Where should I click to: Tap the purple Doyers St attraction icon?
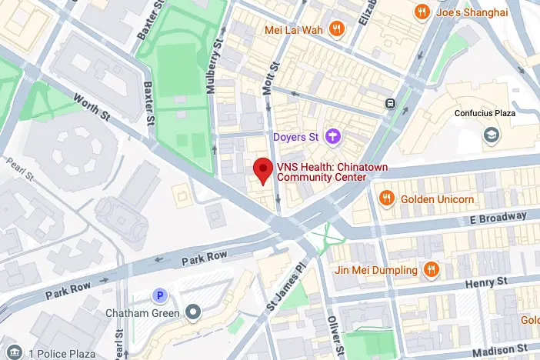pyautogui.click(x=333, y=137)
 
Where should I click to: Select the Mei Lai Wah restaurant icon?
pyautogui.click(x=335, y=29)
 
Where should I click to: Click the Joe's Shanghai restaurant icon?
pyautogui.click(x=421, y=12)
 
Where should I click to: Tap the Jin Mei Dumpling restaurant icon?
pyautogui.click(x=432, y=270)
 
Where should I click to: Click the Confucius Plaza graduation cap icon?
pyautogui.click(x=489, y=135)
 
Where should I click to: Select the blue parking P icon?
pyautogui.click(x=160, y=295)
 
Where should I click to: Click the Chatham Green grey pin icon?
pyautogui.click(x=193, y=312)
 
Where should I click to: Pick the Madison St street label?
pyautogui.click(x=500, y=345)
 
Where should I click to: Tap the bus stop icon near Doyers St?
pyautogui.click(x=392, y=103)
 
